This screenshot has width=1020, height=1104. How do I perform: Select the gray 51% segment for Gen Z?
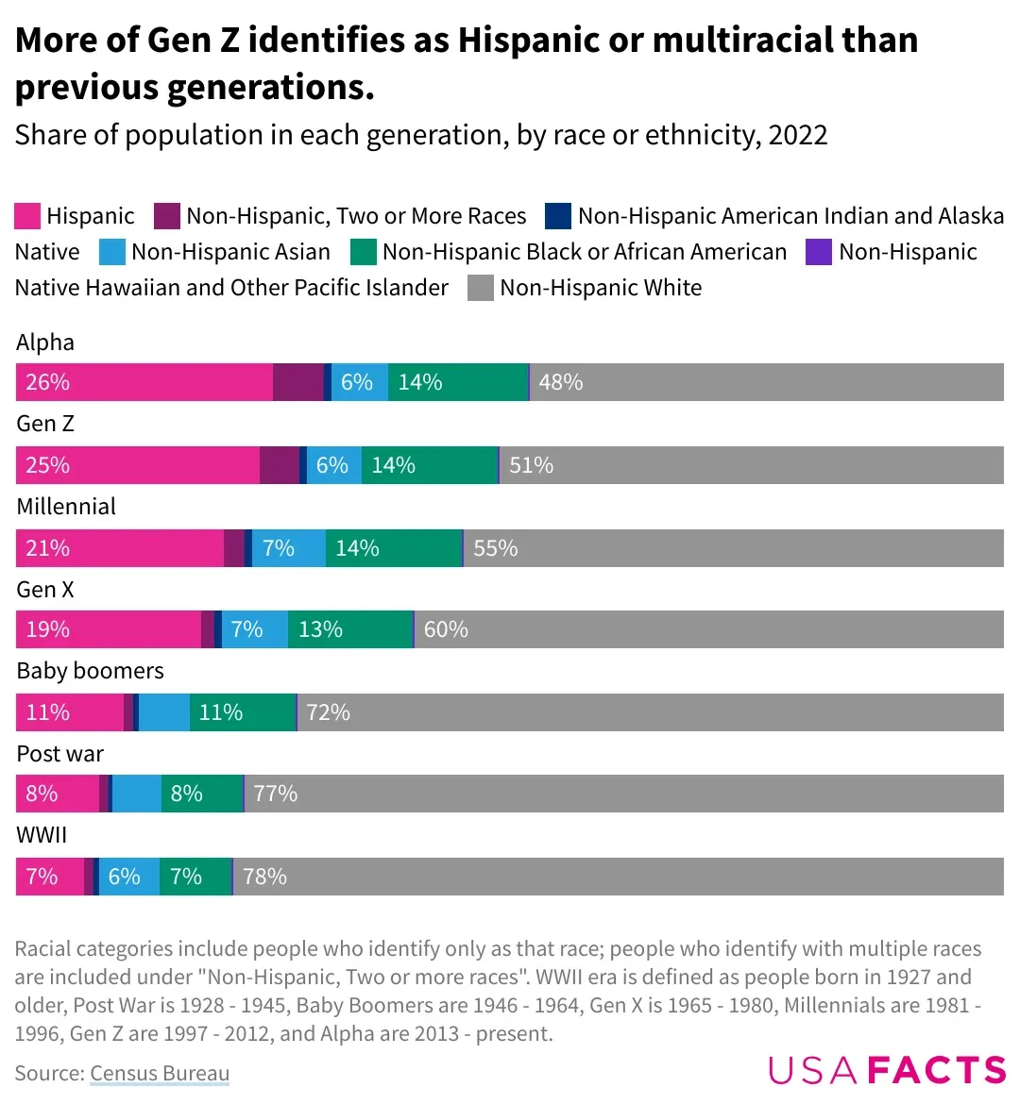point(751,465)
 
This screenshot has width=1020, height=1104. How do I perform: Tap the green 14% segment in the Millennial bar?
point(394,548)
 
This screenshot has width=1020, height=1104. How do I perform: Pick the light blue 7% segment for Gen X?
point(253,629)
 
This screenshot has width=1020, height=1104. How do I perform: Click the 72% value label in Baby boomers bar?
point(328,712)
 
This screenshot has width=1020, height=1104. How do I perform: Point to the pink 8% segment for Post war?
point(58,794)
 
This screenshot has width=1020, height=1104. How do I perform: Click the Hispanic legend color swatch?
point(27,216)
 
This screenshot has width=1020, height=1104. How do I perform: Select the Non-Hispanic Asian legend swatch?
point(112,252)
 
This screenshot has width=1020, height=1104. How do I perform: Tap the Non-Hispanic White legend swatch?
point(481,288)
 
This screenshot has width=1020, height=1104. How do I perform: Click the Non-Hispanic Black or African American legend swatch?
point(364,252)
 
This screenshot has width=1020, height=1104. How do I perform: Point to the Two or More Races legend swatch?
point(167,216)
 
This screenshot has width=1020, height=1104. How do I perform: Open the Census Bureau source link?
point(160,1073)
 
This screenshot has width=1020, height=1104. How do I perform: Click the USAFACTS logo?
point(887,1070)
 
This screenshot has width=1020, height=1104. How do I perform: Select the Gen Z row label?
point(45,424)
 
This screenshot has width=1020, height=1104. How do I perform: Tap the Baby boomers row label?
point(91,671)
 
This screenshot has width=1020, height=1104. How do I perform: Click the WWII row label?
point(42,835)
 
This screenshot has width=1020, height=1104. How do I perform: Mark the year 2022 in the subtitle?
point(798,135)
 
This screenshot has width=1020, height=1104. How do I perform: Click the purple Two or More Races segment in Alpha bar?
point(298,382)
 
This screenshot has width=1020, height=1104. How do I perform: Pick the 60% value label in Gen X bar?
point(446,629)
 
